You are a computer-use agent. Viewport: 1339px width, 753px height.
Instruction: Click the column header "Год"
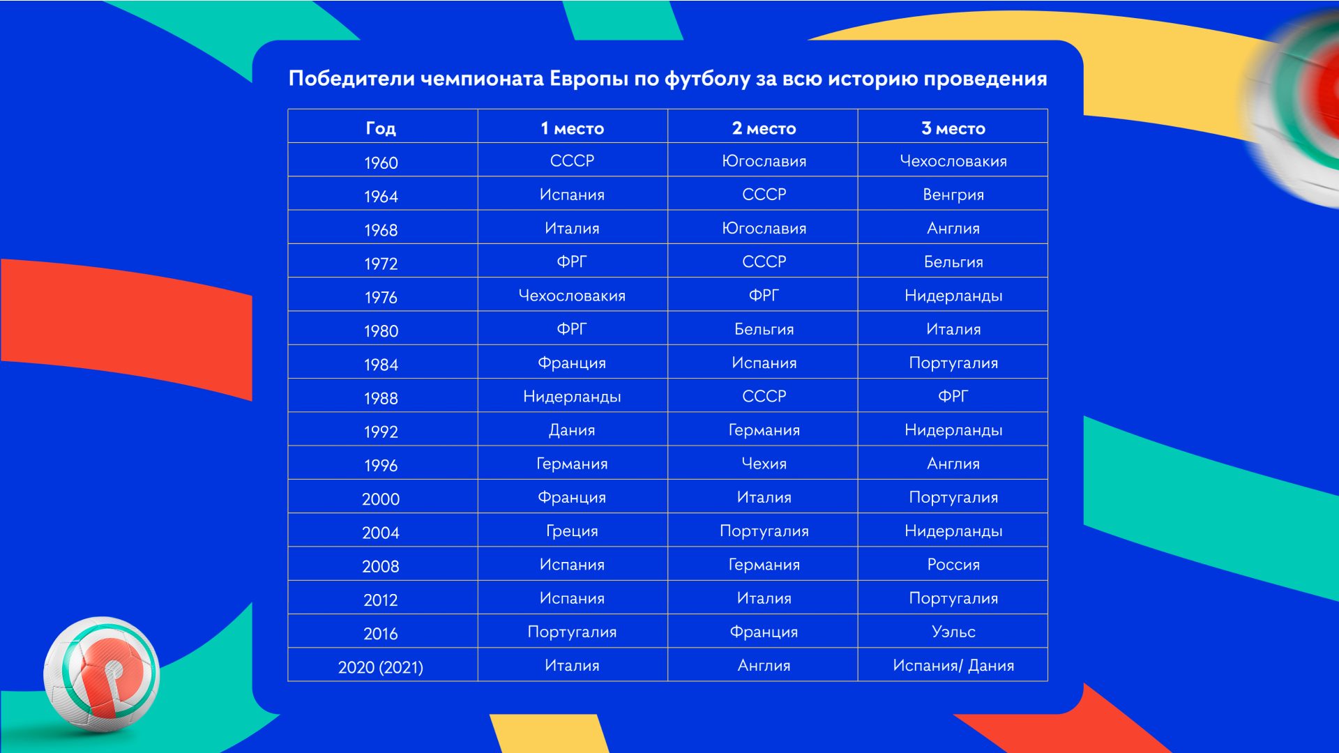[x=381, y=128]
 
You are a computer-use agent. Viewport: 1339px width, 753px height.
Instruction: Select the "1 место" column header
[x=572, y=128]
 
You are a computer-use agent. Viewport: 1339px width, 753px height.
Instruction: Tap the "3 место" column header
[x=953, y=128]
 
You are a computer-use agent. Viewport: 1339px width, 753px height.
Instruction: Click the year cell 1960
[x=381, y=162]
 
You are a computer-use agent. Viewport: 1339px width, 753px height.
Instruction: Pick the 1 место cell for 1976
[x=572, y=296]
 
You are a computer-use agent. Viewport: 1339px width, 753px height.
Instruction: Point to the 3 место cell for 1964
[x=953, y=195]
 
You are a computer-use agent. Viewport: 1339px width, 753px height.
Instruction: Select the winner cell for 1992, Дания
[x=572, y=430]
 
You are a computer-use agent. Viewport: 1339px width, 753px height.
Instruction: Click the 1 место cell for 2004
[x=572, y=531]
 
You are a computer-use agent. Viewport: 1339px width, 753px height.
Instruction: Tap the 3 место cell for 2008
[x=953, y=565]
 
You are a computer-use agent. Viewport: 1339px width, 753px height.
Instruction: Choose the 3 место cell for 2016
[x=953, y=632]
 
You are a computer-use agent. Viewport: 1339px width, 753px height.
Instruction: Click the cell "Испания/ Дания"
[x=953, y=666]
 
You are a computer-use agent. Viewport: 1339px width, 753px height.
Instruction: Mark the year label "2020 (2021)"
[x=381, y=667]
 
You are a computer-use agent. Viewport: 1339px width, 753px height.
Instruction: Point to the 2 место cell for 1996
[x=764, y=464]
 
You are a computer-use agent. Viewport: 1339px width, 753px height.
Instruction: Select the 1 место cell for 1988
[x=572, y=397]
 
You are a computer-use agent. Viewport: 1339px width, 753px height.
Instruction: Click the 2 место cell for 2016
[x=764, y=632]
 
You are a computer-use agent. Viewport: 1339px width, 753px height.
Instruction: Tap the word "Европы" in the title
[x=589, y=79]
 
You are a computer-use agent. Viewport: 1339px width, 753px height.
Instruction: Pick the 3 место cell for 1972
[x=953, y=262]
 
